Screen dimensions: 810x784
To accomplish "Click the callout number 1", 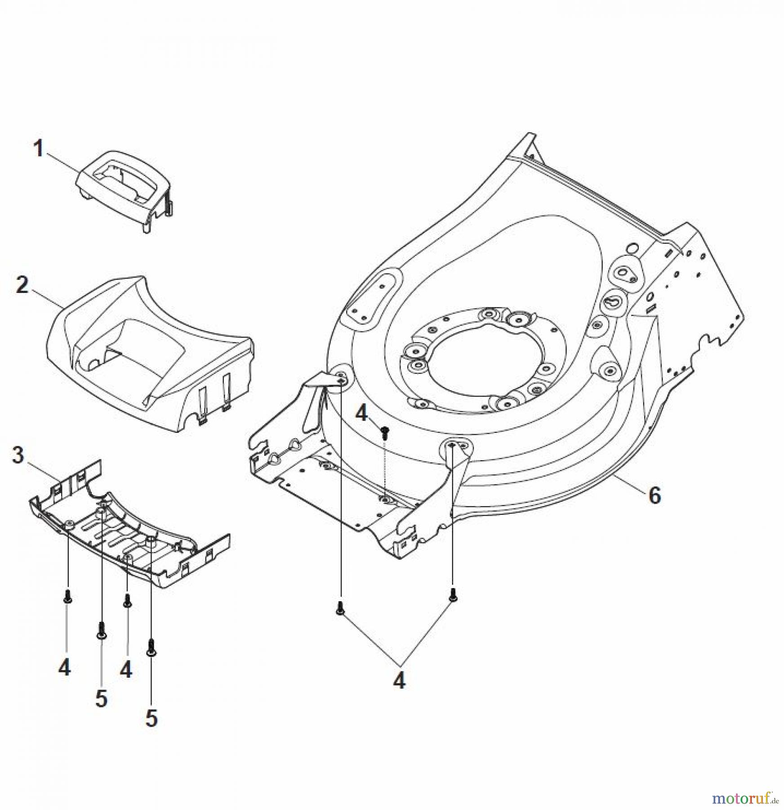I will click(39, 149).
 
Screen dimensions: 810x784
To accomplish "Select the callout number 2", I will click(22, 285).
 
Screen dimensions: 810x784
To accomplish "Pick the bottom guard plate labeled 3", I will click(130, 540).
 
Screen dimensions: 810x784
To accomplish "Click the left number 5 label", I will click(102, 698).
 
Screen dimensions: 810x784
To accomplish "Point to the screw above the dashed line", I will click(384, 432).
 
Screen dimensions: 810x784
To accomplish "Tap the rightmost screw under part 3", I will click(151, 648).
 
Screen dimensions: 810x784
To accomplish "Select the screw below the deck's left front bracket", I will click(340, 608).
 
